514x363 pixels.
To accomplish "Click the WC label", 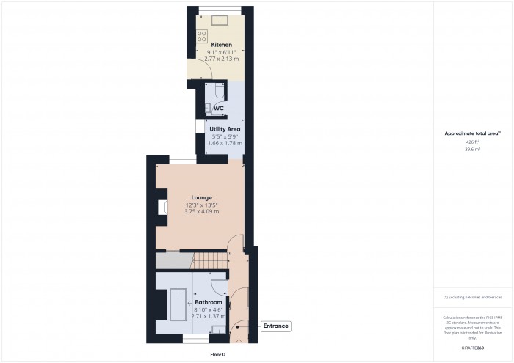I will pos(218,109).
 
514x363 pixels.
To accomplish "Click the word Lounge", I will pos(202,197).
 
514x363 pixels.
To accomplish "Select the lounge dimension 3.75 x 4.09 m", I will pos(201,212).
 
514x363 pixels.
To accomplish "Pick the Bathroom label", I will pos(208,302).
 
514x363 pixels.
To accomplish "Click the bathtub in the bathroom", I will pos(178,305).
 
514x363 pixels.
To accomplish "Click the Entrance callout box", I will pos(276,326).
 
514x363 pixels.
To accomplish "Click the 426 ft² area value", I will pos(472,142).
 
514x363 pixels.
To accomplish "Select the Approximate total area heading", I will pos(472,133).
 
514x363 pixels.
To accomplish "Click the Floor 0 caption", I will pos(217,354).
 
